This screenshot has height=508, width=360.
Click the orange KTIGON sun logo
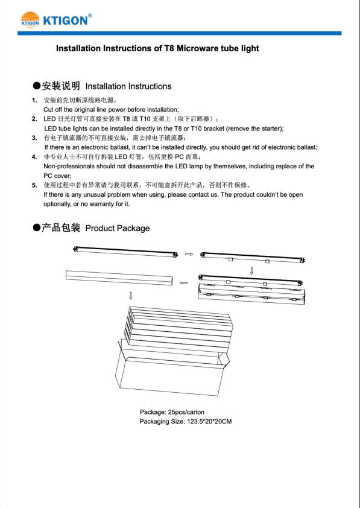30,20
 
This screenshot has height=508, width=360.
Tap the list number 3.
34,138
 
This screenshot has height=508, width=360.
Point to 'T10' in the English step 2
196,129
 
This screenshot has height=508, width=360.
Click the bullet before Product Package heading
37,228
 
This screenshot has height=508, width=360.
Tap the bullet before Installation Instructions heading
37,86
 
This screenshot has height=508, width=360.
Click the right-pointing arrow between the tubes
189,255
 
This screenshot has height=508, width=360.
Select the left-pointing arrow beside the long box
183,283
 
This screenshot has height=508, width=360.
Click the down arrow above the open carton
130,295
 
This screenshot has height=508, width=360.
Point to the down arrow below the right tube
251,270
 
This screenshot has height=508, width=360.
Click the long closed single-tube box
119,278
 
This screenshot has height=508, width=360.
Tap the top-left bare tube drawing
126,252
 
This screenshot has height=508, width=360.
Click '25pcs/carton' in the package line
186,412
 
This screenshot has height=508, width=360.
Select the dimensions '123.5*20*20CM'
209,422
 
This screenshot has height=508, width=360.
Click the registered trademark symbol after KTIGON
90,15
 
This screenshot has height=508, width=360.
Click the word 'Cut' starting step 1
48,110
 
